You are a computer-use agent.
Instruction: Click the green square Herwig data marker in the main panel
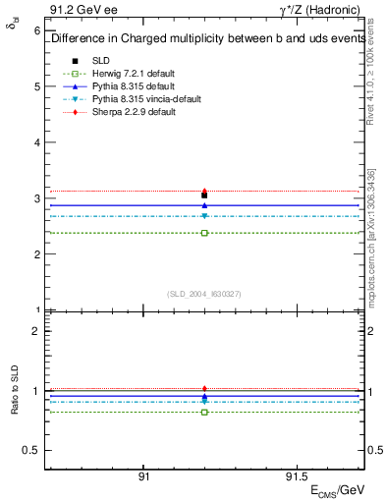204,233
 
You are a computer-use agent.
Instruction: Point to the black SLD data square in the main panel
204,196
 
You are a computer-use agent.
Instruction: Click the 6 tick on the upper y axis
36,30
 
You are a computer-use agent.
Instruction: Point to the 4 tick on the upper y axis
36,142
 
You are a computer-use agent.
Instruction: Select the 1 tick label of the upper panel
36,310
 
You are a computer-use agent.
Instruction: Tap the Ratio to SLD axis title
15,405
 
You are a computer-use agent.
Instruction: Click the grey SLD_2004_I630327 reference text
204,294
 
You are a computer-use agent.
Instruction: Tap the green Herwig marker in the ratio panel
204,412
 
